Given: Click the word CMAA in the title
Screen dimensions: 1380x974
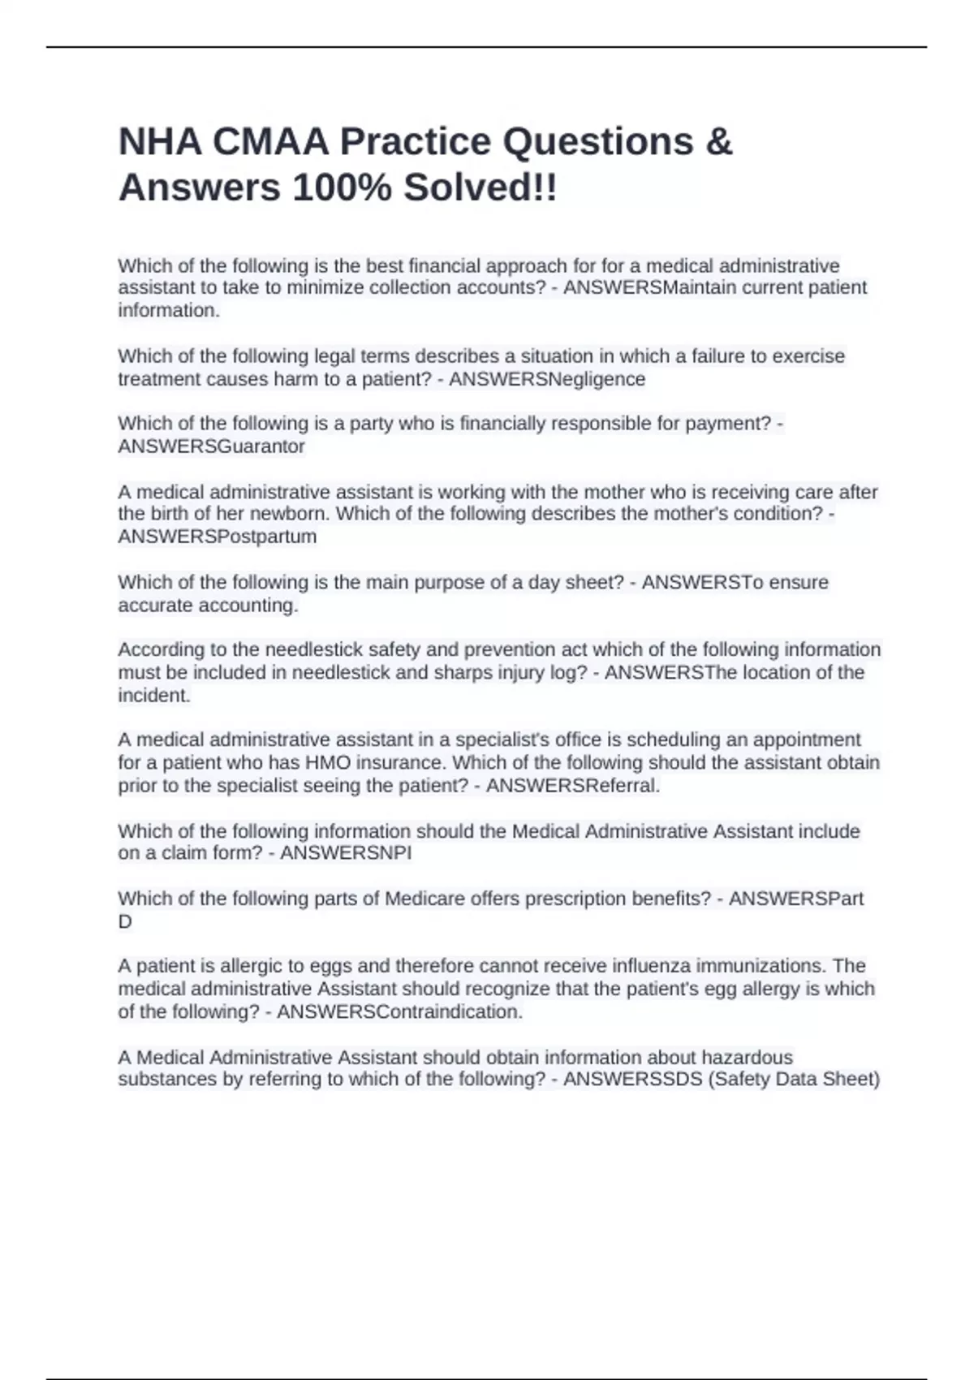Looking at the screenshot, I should tap(270, 142).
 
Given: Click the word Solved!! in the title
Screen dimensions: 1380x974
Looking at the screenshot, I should tap(481, 188).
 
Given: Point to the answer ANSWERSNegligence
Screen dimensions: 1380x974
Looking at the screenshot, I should tap(547, 379).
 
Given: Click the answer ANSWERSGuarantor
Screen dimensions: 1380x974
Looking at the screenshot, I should tap(212, 446).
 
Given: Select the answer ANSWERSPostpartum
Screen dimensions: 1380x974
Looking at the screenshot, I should tap(218, 537).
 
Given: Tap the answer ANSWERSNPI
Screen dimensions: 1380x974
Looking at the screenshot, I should tap(346, 853).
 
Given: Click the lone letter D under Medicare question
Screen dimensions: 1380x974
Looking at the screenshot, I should tap(125, 921).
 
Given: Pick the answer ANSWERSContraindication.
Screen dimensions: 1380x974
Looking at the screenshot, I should tap(399, 1012).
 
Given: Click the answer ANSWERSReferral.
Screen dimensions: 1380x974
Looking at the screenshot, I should tap(573, 786).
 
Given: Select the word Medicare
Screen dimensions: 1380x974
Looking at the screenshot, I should tap(423, 899).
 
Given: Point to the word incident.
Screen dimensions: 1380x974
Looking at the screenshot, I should tap(153, 696).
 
